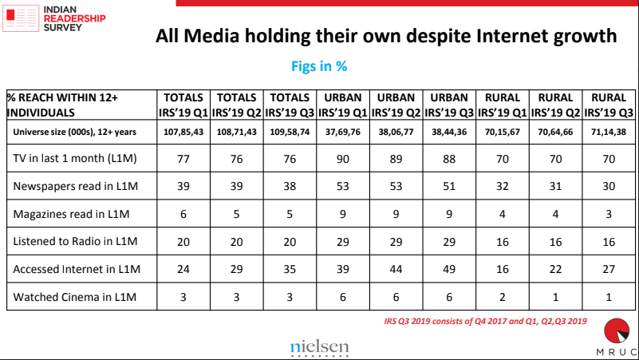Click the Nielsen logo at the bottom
[x=320, y=346]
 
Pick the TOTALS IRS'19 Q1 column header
[x=183, y=105]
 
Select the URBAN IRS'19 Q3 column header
[x=449, y=105]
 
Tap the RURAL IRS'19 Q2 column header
[x=556, y=105]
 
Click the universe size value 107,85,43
[x=183, y=130]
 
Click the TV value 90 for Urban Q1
[x=342, y=159]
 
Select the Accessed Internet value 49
[x=449, y=269]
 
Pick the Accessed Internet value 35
[x=290, y=269]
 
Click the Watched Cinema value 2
[x=503, y=298]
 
